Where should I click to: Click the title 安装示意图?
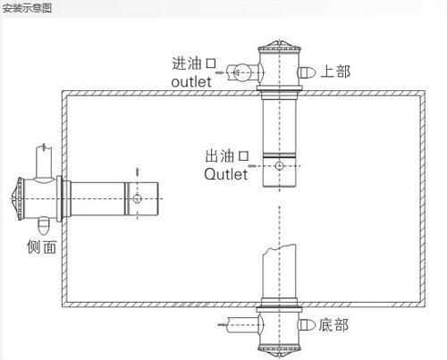[x=27, y=8]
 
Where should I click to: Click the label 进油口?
[x=194, y=63]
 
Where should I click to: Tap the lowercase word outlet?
[x=191, y=81]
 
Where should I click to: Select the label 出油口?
[x=227, y=155]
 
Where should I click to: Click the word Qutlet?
[x=226, y=174]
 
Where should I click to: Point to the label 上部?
[x=335, y=71]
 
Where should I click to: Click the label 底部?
[x=333, y=325]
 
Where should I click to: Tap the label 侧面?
[x=42, y=247]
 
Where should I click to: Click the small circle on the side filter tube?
[x=137, y=198]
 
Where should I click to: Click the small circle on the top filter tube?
[x=279, y=165]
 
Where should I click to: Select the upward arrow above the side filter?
[x=137, y=172]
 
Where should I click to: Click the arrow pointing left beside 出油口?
[x=252, y=165]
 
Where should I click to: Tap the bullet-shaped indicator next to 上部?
[x=307, y=72]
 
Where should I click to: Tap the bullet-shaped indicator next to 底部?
[x=307, y=325]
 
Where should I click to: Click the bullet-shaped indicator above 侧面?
[x=44, y=226]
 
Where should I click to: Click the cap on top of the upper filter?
[x=279, y=46]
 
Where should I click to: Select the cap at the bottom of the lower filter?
[x=279, y=350]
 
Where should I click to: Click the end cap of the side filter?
[x=18, y=198]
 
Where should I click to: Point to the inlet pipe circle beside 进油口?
[x=240, y=72]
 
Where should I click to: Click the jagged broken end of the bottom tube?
[x=279, y=249]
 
